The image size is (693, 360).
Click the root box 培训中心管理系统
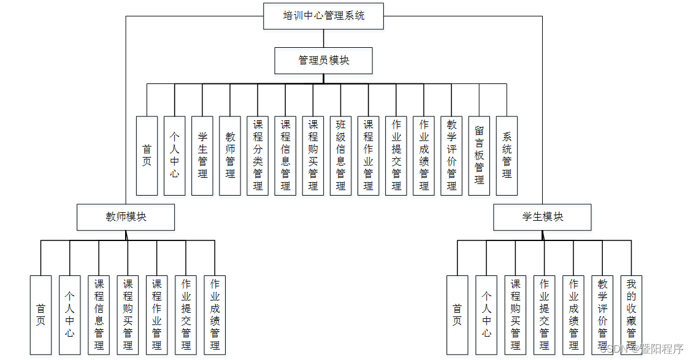pyautogui.click(x=323, y=16)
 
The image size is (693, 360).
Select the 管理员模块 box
pyautogui.click(x=323, y=60)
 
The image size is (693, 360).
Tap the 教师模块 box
pyautogui.click(x=126, y=216)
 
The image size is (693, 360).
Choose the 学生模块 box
pyautogui.click(x=542, y=216)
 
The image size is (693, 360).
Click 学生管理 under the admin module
pyautogui.click(x=202, y=156)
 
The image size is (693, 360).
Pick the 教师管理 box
pyautogui.click(x=230, y=156)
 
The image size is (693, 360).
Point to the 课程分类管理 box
pyautogui.click(x=258, y=156)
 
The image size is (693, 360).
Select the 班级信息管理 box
pyautogui.click(x=340, y=156)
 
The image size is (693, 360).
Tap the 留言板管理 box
pyautogui.click(x=479, y=156)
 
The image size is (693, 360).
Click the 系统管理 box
pyautogui.click(x=507, y=156)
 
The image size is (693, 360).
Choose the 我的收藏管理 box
pyautogui.click(x=631, y=315)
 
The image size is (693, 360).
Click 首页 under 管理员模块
pyautogui.click(x=147, y=156)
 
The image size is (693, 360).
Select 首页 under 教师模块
pyautogui.click(x=40, y=315)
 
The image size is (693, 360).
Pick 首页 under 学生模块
pyautogui.click(x=457, y=315)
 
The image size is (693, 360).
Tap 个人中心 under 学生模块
pyautogui.click(x=486, y=315)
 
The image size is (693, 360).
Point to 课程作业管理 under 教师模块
pyautogui.click(x=156, y=315)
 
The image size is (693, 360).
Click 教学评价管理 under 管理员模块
pyautogui.click(x=451, y=156)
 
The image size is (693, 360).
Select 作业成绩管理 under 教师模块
pyautogui.click(x=215, y=315)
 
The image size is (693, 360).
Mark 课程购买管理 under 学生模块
pyautogui.click(x=515, y=315)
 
